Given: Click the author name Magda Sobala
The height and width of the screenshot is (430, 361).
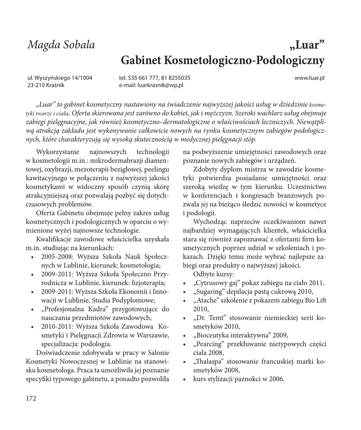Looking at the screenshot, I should pos(61,45).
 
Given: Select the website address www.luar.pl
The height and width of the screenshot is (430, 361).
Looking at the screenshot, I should pos(310,78).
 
